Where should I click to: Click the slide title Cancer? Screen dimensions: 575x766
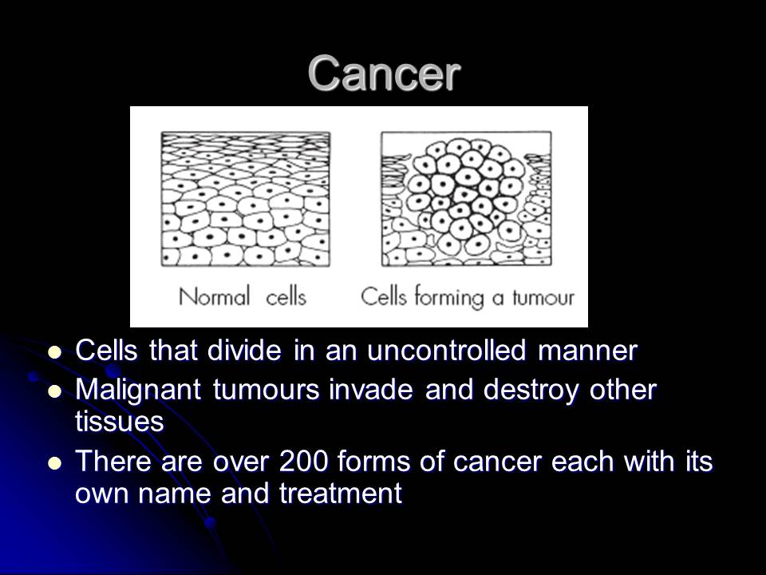[384, 73]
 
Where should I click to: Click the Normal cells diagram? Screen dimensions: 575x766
[245, 200]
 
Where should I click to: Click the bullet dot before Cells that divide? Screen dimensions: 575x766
[54, 351]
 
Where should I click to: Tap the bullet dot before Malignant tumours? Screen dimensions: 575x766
[54, 391]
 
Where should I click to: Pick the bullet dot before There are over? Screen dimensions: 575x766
[54, 462]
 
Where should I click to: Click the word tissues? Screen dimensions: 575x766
[119, 422]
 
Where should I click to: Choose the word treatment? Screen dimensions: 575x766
[340, 494]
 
